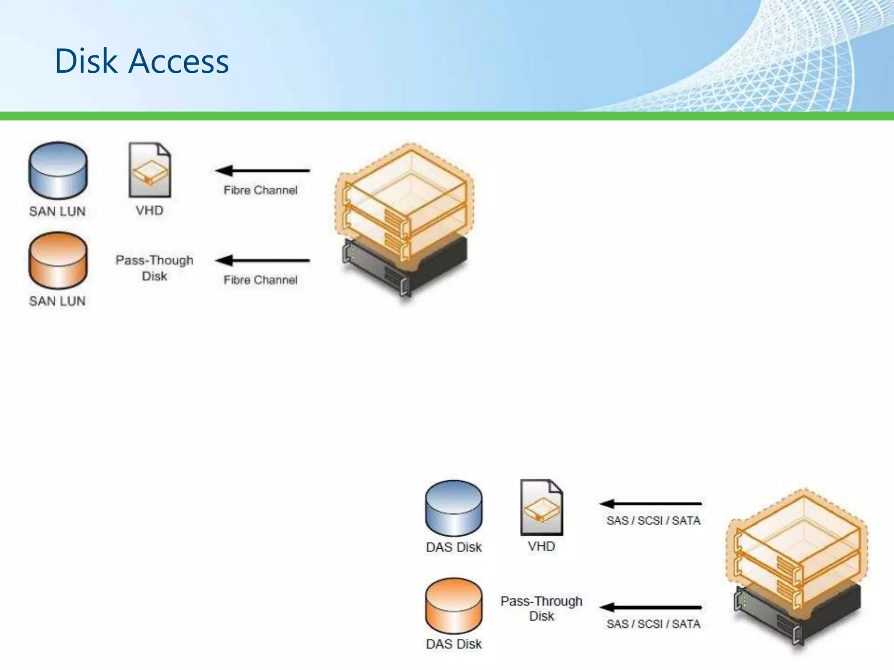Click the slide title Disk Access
141,61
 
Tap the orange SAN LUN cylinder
58,260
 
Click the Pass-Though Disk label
154,268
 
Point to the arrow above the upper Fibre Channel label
262,171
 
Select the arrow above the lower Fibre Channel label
262,261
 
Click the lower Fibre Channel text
261,280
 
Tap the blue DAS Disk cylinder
454,508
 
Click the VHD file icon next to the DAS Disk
542,507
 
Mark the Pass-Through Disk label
541,608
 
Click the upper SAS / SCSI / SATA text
653,520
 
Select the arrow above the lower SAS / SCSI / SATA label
650,607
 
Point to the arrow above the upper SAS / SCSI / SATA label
650,504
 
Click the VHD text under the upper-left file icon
149,211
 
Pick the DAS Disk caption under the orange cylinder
454,644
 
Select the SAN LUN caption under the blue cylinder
57,212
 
